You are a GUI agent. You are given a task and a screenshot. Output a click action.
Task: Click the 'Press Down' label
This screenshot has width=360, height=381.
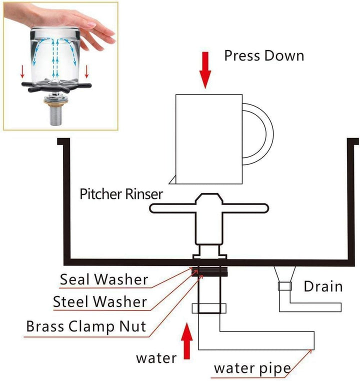coord(263,55)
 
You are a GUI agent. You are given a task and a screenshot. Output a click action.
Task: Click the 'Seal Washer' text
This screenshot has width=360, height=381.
coord(103,279)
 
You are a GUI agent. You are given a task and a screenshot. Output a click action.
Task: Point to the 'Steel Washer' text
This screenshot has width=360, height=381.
coord(100,301)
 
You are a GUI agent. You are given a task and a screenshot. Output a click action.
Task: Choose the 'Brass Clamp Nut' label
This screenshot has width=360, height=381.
coord(86,326)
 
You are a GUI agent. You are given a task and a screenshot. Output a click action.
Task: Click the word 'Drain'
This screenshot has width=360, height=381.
coord(323,286)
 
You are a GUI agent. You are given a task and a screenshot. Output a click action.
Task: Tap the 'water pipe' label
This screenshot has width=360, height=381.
coord(252,368)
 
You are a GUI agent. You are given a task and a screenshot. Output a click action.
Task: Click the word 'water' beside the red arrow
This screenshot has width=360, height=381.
coord(156,357)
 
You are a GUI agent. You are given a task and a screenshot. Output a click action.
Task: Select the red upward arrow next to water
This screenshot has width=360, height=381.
coord(187,341)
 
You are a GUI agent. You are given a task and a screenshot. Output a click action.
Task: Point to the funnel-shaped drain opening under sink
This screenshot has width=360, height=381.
coord(284,274)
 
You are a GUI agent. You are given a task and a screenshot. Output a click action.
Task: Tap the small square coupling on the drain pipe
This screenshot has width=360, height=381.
coord(284,287)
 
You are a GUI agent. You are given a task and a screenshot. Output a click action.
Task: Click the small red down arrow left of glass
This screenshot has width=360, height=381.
coord(22,73)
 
